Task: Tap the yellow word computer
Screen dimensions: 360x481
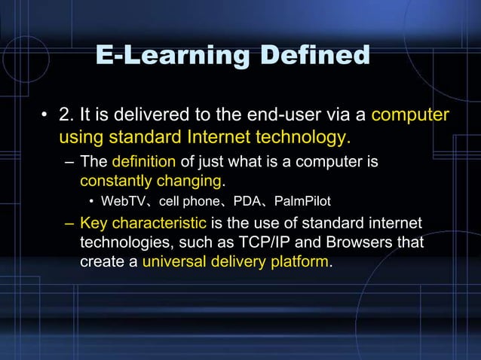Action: [x=410, y=115]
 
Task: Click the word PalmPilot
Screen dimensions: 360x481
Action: [x=302, y=202]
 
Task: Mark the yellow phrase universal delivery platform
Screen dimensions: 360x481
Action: [x=235, y=262]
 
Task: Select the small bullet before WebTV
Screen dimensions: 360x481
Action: [x=91, y=202]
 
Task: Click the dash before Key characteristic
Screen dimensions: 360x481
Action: [x=69, y=224]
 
